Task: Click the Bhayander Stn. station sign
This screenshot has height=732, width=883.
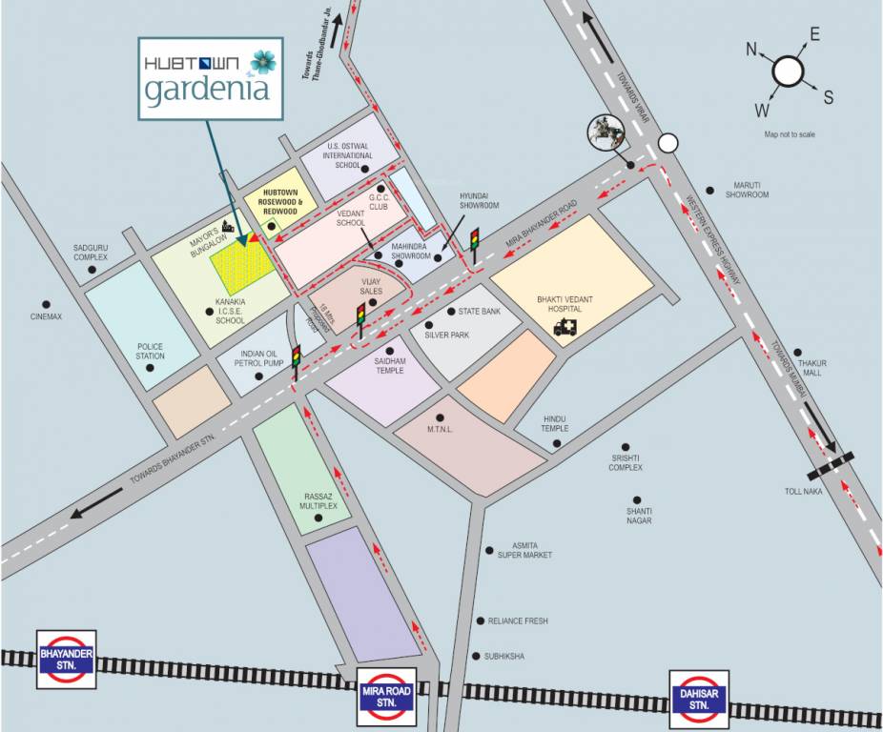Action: (x=66, y=659)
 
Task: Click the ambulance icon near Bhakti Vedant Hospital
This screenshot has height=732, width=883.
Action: (x=565, y=327)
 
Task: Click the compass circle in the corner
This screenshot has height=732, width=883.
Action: (x=789, y=71)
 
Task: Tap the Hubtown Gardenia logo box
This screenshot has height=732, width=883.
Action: (x=211, y=77)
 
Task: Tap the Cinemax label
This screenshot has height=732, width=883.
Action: (x=46, y=316)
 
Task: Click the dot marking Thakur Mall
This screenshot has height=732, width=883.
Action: (x=797, y=352)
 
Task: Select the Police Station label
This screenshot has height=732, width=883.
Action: (x=151, y=352)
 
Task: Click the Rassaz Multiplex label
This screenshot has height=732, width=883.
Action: (x=318, y=501)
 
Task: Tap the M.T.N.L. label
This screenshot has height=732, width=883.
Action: (x=441, y=430)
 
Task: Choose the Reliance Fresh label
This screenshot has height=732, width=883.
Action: (x=518, y=621)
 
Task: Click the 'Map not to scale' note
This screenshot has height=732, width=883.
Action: (x=790, y=134)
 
